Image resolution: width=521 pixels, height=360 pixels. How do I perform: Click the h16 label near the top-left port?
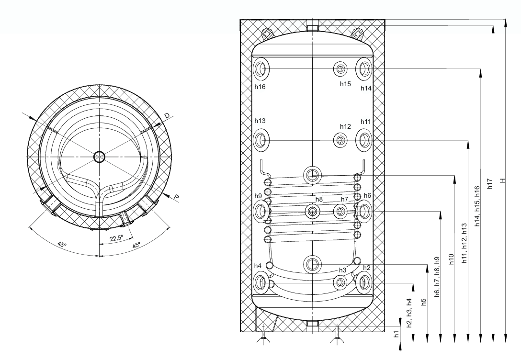point(260,87)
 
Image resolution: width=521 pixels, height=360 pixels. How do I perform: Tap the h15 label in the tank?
point(345,84)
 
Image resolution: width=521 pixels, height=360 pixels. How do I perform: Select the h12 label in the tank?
point(345,126)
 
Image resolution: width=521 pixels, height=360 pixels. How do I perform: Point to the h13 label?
point(260,121)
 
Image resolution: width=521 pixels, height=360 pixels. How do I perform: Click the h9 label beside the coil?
point(258,196)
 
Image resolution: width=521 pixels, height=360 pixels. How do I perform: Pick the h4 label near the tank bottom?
point(258,266)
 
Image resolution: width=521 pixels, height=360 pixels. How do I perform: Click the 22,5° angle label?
point(116,238)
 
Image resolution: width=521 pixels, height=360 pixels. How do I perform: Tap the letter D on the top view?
point(167,115)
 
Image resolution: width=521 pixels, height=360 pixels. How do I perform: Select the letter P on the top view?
point(176,198)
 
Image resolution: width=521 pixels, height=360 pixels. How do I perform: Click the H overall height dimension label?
point(503,180)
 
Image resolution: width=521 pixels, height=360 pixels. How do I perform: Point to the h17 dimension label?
point(489,184)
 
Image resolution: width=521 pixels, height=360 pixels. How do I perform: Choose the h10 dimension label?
point(451,259)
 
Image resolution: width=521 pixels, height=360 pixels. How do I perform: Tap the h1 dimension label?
point(396,334)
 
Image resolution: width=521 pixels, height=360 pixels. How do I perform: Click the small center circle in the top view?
point(99,157)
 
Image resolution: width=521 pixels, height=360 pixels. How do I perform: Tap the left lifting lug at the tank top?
point(268,33)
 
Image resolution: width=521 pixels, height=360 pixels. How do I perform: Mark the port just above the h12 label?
point(340,140)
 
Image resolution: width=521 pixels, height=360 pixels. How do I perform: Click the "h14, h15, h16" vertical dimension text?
point(477,206)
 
